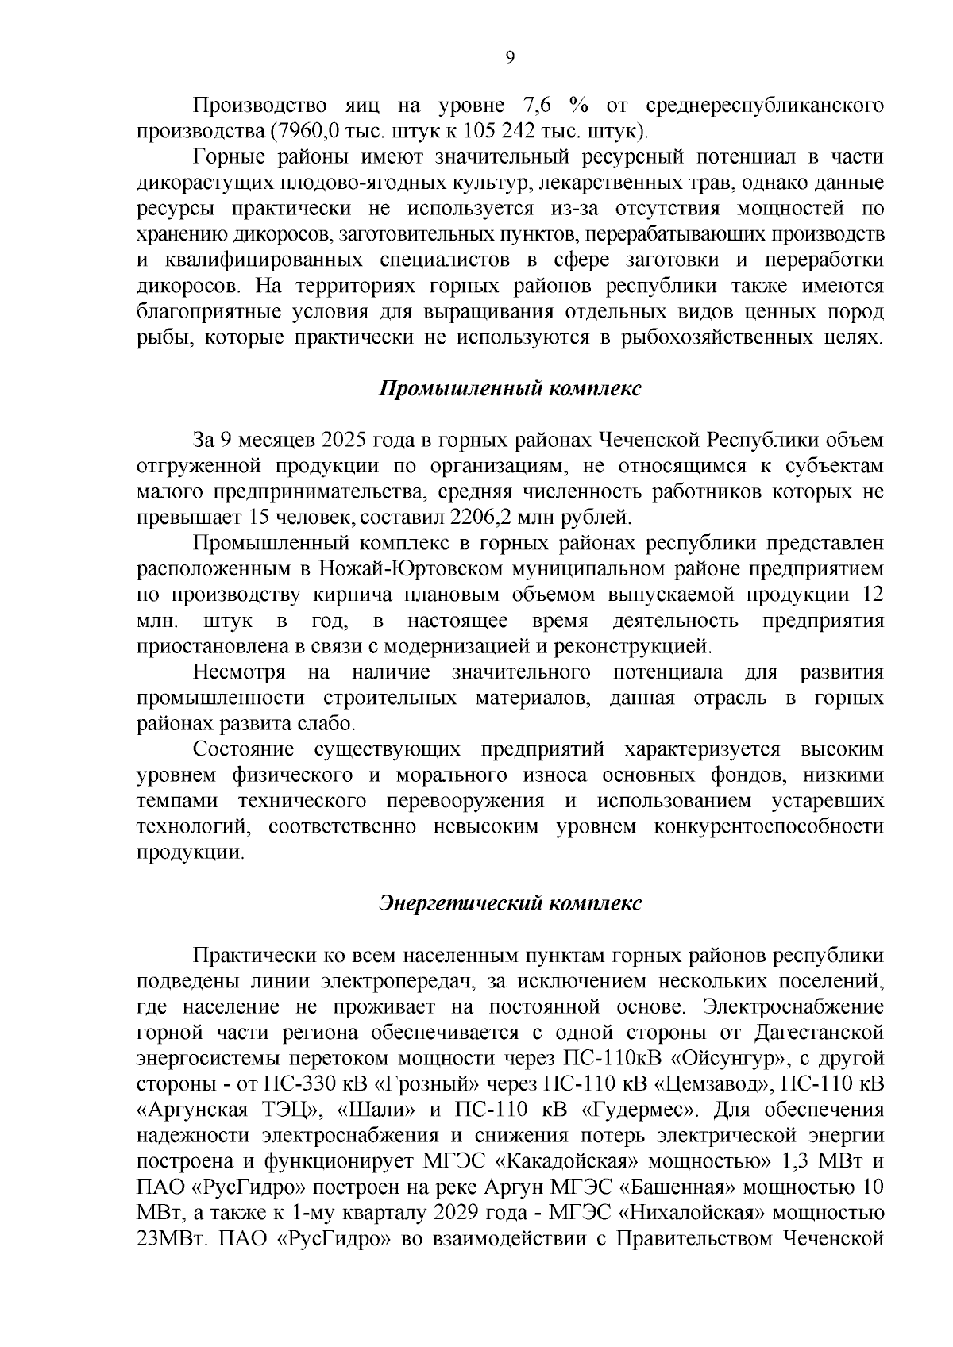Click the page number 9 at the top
(510, 56)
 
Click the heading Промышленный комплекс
(509, 388)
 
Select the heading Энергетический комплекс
(509, 903)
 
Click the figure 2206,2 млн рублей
(540, 518)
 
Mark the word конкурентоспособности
(768, 826)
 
